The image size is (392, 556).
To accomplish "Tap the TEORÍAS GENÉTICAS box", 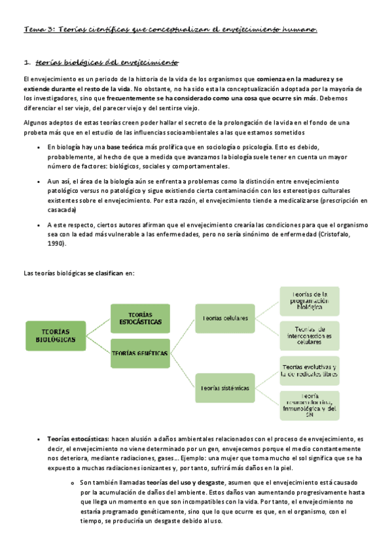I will pos(140,353).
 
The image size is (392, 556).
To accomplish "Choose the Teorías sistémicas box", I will pos(225,388).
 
